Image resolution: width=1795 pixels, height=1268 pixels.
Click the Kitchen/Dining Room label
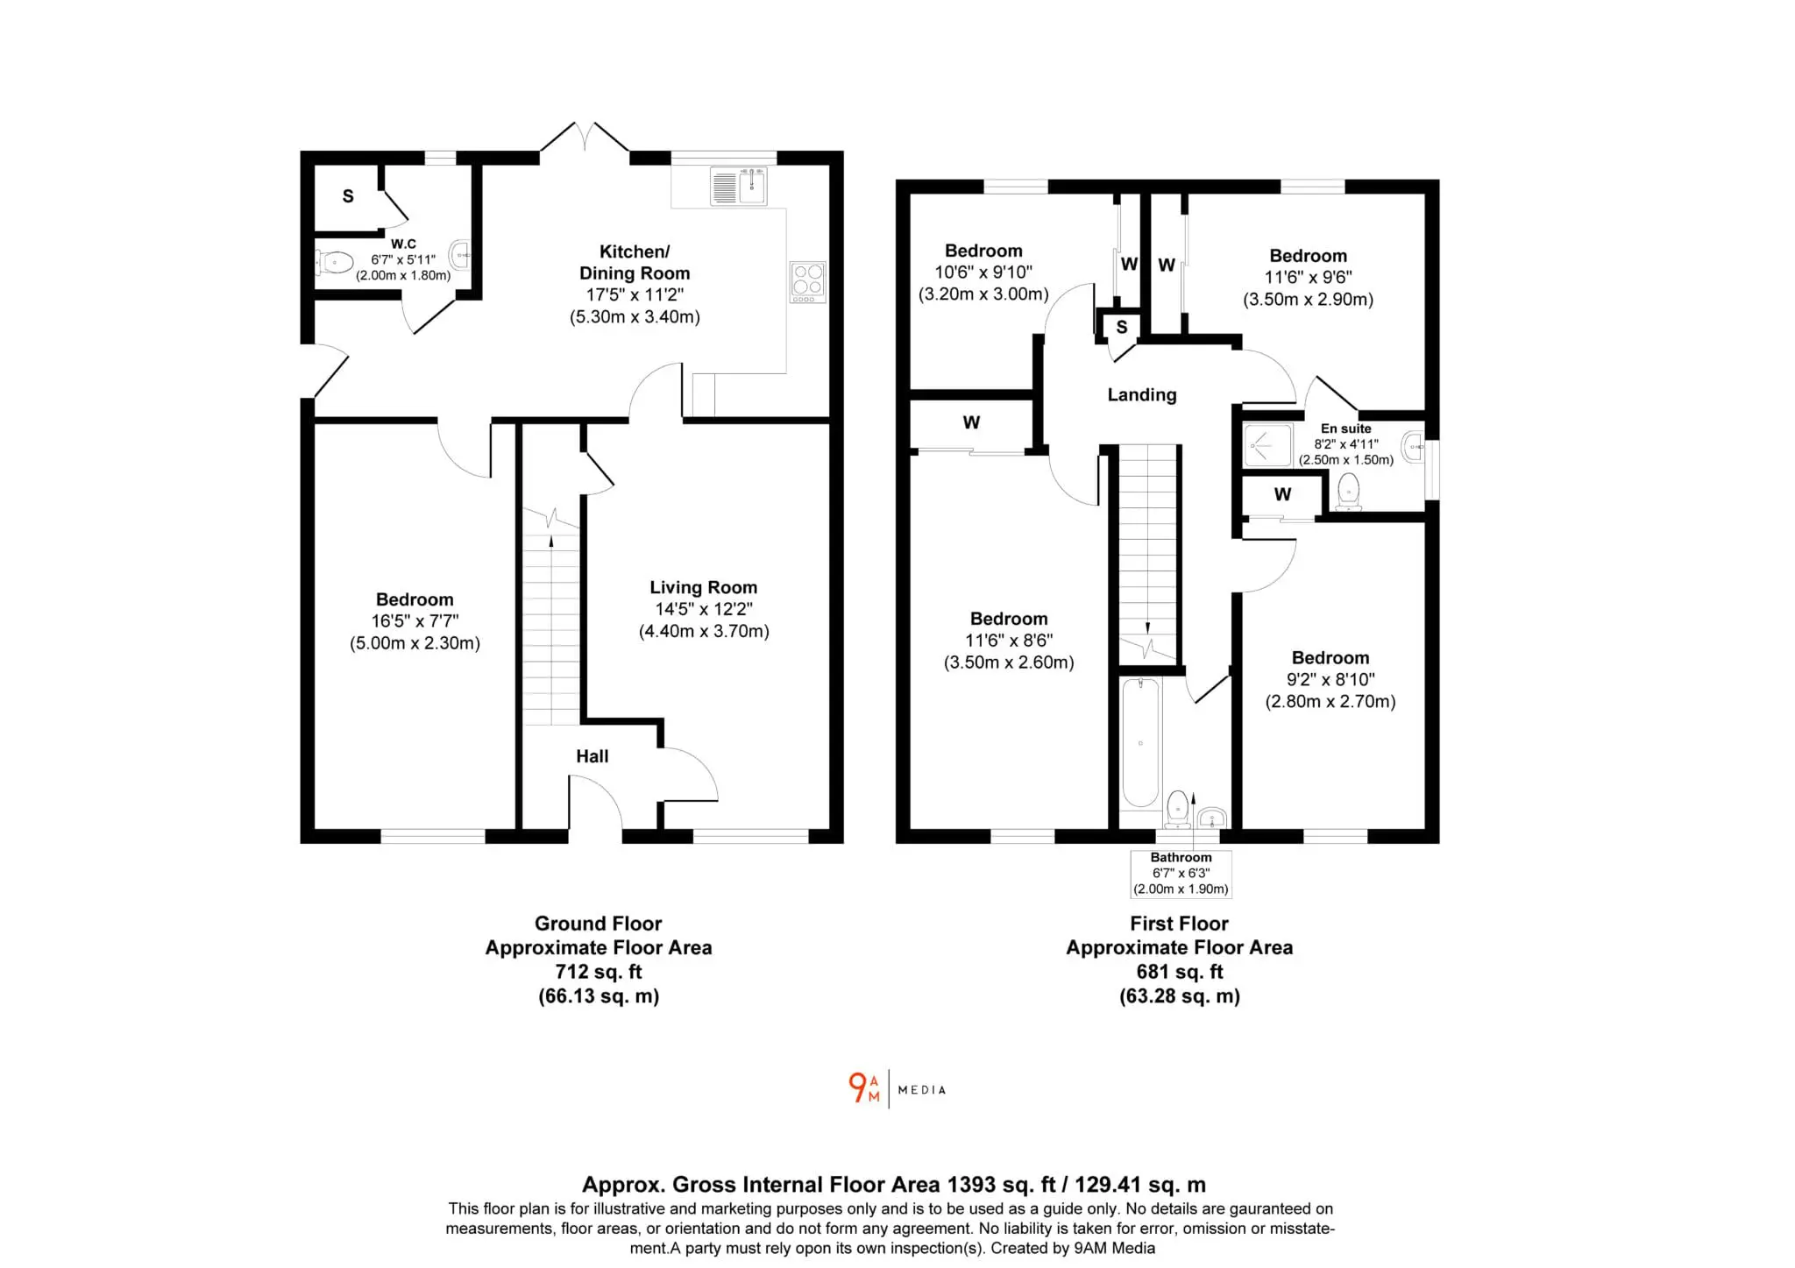click(635, 262)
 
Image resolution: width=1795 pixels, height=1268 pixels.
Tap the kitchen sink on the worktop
click(739, 187)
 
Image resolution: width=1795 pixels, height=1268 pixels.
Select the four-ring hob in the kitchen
click(807, 282)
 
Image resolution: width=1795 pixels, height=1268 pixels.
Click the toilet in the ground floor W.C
click(334, 261)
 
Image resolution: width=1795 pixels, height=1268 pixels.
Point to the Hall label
click(592, 756)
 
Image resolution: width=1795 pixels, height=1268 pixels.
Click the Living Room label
click(703, 587)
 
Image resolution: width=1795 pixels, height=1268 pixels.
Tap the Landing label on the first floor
click(1141, 395)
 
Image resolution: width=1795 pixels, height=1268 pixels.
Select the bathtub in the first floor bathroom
click(1140, 743)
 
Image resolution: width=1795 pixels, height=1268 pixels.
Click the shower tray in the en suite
click(1268, 445)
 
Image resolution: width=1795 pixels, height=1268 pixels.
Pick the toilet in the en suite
click(1348, 492)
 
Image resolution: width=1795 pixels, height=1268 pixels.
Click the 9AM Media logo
click(897, 1089)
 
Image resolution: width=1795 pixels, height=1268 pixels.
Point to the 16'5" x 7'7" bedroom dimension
click(415, 621)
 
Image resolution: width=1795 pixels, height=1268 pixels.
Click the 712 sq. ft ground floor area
click(599, 972)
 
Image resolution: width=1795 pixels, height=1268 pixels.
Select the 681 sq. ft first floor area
click(1180, 972)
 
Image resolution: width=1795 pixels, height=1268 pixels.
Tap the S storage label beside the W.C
click(348, 196)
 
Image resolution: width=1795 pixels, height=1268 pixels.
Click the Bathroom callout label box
click(1181, 874)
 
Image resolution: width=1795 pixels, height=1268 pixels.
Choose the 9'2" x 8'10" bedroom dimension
click(1330, 679)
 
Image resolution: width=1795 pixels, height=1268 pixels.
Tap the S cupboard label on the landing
click(1122, 328)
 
